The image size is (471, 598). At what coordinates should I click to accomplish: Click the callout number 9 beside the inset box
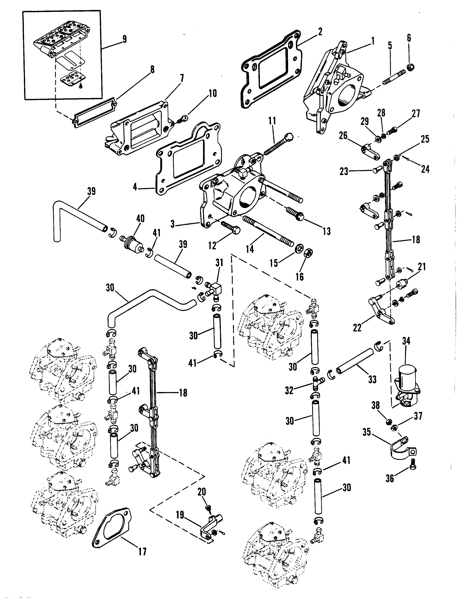124,39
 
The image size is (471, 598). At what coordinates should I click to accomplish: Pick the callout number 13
327,231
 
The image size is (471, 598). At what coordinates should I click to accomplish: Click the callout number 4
135,187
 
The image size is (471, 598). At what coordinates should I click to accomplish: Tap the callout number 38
376,405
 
